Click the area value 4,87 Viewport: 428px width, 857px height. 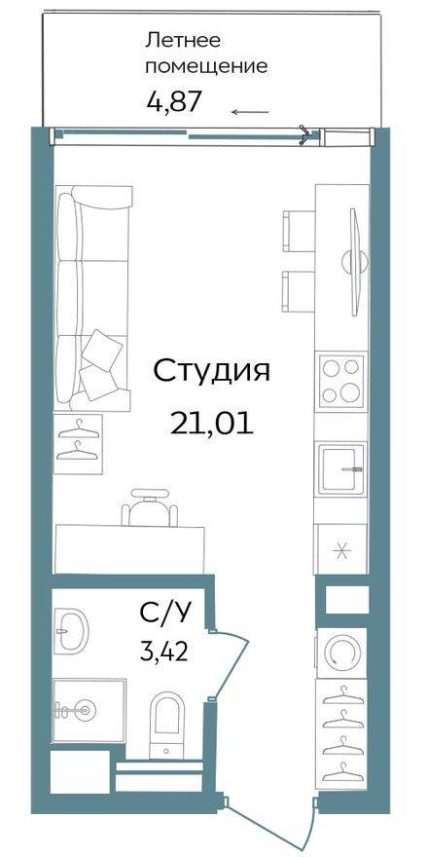(x=173, y=101)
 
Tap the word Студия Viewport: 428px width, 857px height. (x=211, y=372)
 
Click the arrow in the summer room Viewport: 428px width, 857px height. (x=250, y=112)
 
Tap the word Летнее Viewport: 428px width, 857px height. (x=183, y=40)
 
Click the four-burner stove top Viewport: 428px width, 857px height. (x=340, y=381)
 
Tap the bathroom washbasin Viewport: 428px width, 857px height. (x=69, y=631)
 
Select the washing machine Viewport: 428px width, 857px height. (x=341, y=650)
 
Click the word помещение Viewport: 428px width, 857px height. (x=205, y=67)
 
